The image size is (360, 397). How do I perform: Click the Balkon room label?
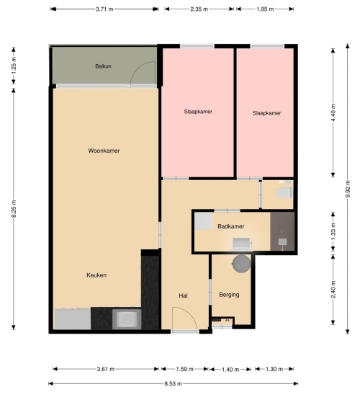(x=103, y=66)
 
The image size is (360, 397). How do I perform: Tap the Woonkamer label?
(x=104, y=151)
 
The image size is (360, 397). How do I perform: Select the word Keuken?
(x=96, y=275)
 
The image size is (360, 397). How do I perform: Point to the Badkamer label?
(x=230, y=226)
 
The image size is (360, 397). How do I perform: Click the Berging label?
(x=229, y=295)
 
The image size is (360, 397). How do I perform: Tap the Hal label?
(x=183, y=295)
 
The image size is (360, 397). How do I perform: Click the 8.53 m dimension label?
(x=173, y=384)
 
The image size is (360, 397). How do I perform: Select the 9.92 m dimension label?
(x=348, y=189)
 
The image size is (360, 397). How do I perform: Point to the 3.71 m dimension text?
(x=104, y=9)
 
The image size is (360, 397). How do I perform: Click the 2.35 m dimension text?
(x=199, y=9)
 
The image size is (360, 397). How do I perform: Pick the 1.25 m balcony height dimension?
(x=14, y=66)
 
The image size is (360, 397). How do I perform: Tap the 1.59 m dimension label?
(x=185, y=369)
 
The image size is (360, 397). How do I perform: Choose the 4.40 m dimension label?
(x=333, y=113)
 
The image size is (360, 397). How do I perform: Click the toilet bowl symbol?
(x=284, y=192)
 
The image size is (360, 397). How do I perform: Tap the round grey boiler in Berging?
(x=241, y=264)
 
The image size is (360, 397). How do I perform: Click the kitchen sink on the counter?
(x=127, y=319)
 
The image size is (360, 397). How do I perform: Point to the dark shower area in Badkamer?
(x=282, y=231)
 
